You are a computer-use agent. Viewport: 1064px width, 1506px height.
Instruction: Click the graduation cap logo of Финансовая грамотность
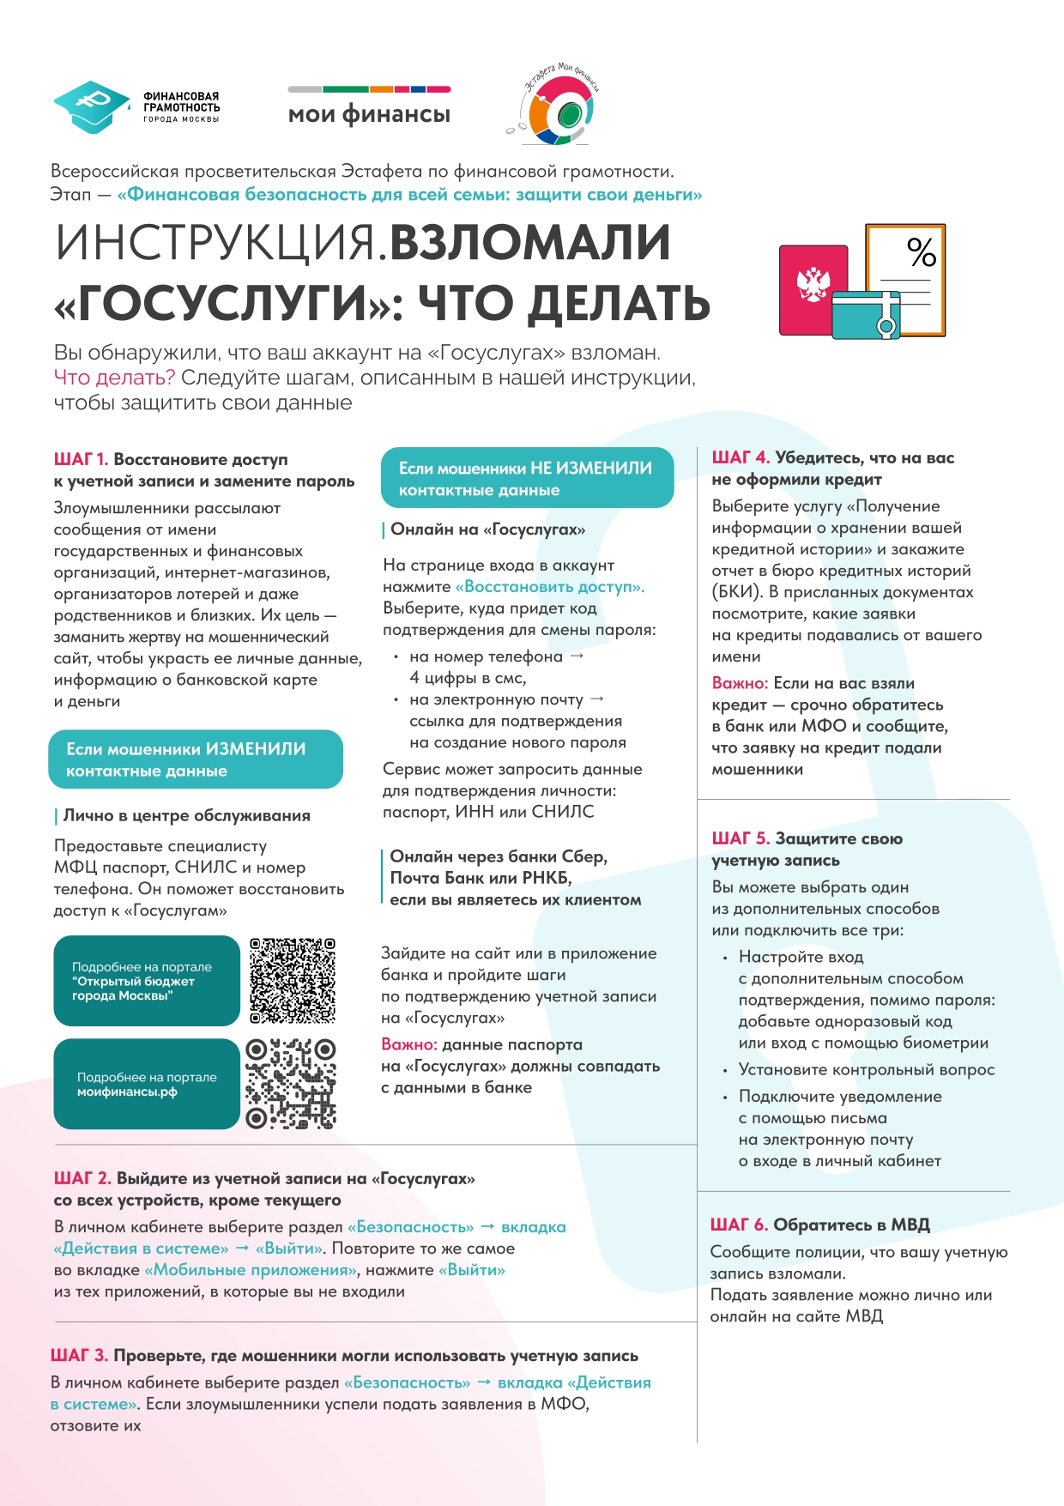[x=90, y=107]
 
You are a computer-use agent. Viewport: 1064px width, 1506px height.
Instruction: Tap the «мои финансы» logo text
[x=369, y=114]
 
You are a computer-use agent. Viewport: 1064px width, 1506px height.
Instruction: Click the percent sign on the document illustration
[x=922, y=252]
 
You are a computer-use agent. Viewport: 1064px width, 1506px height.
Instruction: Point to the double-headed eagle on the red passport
[x=812, y=284]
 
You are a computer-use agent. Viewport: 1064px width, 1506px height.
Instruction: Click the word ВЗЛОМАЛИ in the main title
[x=530, y=243]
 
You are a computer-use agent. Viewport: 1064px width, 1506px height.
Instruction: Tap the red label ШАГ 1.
[x=81, y=460]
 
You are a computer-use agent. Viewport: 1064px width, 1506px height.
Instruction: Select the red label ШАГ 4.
[x=740, y=458]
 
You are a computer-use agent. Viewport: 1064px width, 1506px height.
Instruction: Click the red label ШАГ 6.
[x=738, y=1225]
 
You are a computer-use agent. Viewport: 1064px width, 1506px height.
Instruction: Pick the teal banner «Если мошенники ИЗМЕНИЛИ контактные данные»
[x=196, y=759]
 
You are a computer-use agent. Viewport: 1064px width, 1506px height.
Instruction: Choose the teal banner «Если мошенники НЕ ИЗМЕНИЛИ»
[x=527, y=478]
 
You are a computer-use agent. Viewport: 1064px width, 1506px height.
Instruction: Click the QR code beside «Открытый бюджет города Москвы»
[x=292, y=981]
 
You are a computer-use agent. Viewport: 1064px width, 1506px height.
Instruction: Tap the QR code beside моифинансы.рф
[x=290, y=1084]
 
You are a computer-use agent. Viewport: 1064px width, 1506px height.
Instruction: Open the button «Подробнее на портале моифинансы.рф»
[x=147, y=1085]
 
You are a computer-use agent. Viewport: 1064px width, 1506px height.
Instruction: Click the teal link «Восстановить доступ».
[x=549, y=587]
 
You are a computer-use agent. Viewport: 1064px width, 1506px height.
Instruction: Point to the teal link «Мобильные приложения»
[x=251, y=1270]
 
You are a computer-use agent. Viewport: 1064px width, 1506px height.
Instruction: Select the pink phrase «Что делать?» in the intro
[x=114, y=378]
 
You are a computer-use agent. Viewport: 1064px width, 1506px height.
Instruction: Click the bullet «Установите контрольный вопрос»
[x=866, y=1070]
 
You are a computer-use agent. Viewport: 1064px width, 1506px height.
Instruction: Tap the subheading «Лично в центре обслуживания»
[x=186, y=815]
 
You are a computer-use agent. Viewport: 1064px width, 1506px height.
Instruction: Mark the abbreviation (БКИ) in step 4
[x=737, y=592]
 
